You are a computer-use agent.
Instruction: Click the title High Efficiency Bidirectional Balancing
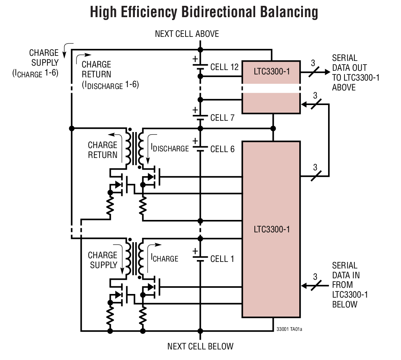click(x=204, y=12)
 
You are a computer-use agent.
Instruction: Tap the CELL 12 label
click(x=224, y=67)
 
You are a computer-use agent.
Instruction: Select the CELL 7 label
click(x=222, y=118)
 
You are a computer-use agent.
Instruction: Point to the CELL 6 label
click(x=222, y=149)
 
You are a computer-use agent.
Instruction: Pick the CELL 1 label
click(x=222, y=259)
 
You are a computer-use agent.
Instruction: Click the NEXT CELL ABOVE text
click(x=187, y=34)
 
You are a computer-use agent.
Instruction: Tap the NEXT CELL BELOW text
click(x=200, y=346)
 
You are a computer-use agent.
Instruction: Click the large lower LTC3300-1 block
click(x=271, y=230)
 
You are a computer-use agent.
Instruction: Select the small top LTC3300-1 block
click(x=271, y=71)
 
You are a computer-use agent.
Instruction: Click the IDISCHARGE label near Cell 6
click(x=170, y=148)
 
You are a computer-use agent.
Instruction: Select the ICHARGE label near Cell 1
click(x=164, y=258)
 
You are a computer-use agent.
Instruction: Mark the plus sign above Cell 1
click(x=195, y=251)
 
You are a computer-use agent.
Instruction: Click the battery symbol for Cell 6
click(x=199, y=148)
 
